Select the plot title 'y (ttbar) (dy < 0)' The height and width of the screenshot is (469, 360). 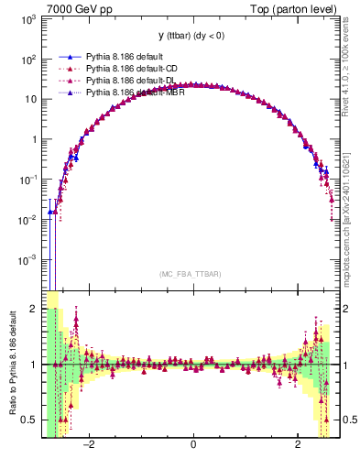(192, 36)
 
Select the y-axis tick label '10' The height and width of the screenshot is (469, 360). (29, 99)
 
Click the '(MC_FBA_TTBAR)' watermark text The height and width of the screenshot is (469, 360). (192, 274)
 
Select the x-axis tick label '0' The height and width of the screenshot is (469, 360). (192, 445)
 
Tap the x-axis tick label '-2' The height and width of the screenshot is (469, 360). (89, 445)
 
